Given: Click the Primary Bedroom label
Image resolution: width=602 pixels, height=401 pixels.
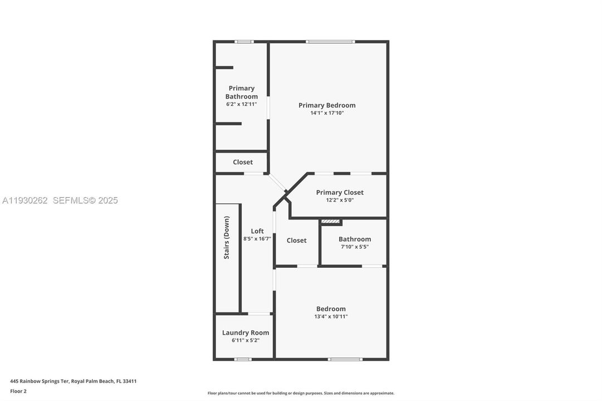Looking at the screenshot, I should (x=327, y=105).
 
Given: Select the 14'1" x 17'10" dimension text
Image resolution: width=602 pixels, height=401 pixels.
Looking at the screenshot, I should (x=327, y=113).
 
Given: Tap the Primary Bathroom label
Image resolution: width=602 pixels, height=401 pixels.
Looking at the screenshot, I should (x=242, y=92).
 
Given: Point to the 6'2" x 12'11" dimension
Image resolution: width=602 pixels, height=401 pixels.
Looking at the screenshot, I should (x=242, y=104).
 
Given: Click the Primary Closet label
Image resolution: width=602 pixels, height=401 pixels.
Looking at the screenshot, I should (x=340, y=193).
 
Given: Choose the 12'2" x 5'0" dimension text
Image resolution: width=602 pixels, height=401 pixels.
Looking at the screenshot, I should (x=340, y=200).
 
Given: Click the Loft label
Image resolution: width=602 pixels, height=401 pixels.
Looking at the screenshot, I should (x=257, y=231).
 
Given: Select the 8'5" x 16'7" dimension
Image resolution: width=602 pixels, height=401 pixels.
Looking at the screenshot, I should (x=257, y=239).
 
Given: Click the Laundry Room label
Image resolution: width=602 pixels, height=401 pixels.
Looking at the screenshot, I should (x=246, y=332).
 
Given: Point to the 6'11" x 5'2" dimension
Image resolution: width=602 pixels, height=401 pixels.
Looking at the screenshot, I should (x=246, y=340).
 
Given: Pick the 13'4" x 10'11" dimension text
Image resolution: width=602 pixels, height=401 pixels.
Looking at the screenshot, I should (x=331, y=317).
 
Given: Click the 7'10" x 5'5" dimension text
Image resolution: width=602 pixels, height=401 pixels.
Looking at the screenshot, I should (x=355, y=247).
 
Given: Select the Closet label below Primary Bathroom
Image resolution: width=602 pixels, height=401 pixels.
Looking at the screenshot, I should (x=243, y=162).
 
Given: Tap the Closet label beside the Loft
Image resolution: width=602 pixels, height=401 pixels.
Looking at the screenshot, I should (x=296, y=241).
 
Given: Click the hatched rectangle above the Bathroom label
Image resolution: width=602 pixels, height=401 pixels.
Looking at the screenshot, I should (x=331, y=222).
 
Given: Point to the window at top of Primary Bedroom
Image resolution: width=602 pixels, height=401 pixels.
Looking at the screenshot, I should (x=330, y=42).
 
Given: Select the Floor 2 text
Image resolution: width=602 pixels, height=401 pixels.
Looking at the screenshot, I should (x=18, y=391).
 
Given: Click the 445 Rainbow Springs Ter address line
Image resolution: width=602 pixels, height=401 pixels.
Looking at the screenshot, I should (x=74, y=382).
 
